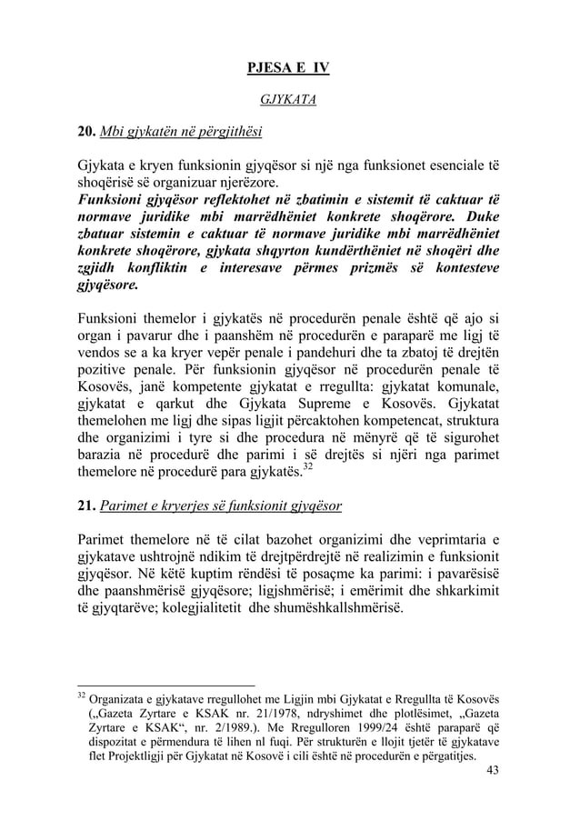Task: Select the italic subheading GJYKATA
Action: pos(289,100)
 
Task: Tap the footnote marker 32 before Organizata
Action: pos(80,696)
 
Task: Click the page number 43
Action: pos(493,771)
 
